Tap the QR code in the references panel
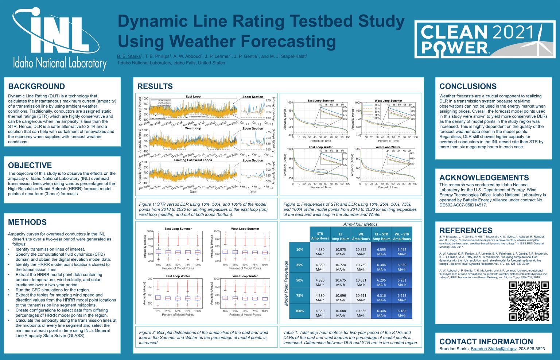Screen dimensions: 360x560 click(x=529, y=301)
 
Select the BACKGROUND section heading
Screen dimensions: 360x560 click(x=36, y=86)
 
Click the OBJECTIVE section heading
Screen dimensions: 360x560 click(x=30, y=165)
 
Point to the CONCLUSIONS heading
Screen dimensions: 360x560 click(x=468, y=86)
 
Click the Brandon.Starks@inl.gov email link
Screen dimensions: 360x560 click(x=493, y=349)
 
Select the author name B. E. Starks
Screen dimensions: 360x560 click(x=129, y=57)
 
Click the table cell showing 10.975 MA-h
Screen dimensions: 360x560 click(x=340, y=252)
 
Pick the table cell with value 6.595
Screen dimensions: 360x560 click(x=381, y=252)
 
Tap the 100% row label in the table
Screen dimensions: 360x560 click(x=299, y=311)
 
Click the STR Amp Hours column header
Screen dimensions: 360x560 click(x=320, y=236)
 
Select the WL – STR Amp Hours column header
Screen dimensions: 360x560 click(x=401, y=236)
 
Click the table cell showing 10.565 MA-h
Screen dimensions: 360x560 click(x=361, y=313)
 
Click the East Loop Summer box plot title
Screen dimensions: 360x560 click(x=178, y=229)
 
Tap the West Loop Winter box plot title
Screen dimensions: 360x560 click(x=245, y=276)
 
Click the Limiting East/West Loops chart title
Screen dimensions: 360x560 click(x=193, y=160)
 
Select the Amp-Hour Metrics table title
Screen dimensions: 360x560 click(x=360, y=224)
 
